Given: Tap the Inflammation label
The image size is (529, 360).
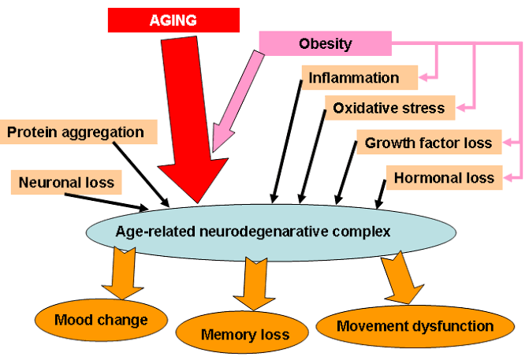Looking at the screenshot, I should (x=353, y=77).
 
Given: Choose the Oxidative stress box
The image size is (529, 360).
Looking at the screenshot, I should (x=389, y=107).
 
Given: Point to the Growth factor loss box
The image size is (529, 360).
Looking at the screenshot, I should (x=428, y=143).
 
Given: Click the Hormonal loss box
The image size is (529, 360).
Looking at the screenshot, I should (x=444, y=177).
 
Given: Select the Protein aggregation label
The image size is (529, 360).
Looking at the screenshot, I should (x=76, y=132).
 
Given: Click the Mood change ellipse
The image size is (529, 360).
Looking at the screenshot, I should (x=102, y=319).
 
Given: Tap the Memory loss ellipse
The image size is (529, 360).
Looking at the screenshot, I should (x=245, y=334).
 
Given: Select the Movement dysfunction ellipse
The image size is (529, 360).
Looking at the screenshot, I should (x=404, y=325).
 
